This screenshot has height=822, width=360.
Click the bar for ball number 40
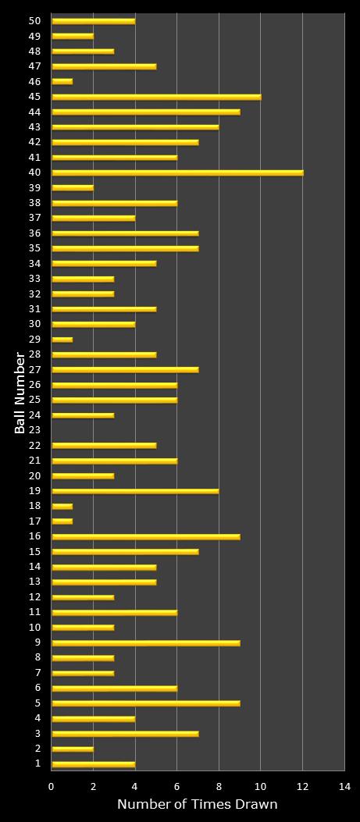(177, 173)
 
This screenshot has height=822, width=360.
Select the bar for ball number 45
(156, 97)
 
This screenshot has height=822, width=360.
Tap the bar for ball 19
(135, 491)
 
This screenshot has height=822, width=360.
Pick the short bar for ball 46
(62, 81)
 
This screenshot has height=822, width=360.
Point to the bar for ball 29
(62, 340)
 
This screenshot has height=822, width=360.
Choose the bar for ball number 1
(93, 763)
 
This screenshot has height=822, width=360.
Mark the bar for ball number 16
(146, 536)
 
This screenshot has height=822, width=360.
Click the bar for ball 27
(125, 369)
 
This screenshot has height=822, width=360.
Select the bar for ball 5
(146, 703)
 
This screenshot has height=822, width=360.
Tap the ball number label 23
(34, 430)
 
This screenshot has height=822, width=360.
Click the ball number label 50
(34, 21)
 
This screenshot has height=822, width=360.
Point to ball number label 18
(34, 507)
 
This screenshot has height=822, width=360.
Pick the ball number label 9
(37, 642)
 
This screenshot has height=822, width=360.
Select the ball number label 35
(34, 248)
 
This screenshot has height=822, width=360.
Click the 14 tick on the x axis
(344, 787)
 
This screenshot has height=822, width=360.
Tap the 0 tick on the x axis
(52, 787)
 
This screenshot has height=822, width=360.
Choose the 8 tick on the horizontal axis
(219, 787)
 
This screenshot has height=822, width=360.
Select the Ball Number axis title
(20, 392)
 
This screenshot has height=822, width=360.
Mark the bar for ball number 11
(114, 612)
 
